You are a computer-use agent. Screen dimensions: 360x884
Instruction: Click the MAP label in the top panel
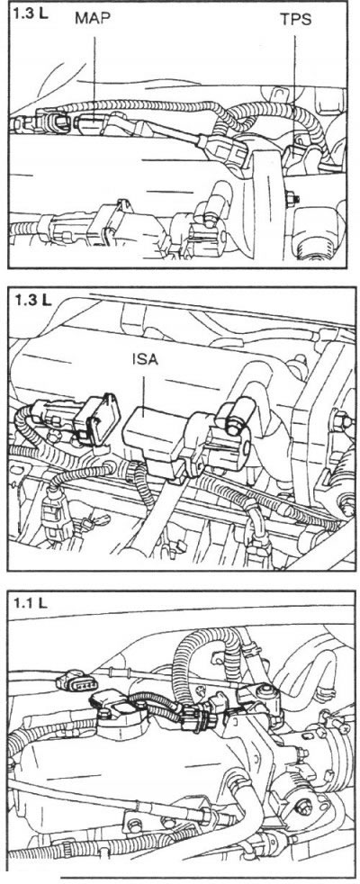[93, 18]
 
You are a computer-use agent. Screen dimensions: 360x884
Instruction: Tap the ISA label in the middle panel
[144, 360]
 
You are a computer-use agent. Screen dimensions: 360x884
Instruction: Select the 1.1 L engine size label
[30, 603]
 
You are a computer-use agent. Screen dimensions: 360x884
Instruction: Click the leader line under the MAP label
[94, 77]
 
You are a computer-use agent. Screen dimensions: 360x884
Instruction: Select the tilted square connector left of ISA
[99, 419]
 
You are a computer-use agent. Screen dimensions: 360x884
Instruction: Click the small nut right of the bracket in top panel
[292, 198]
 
